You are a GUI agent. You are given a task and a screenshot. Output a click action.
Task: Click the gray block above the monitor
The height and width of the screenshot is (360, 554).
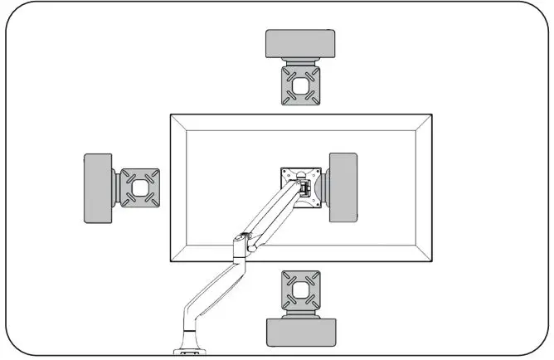300,44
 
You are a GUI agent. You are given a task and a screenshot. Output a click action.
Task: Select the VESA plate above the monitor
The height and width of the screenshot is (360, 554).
301,85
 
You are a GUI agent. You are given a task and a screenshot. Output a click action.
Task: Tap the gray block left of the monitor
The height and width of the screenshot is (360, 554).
98,188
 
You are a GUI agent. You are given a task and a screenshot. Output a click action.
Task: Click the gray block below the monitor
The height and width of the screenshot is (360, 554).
301,333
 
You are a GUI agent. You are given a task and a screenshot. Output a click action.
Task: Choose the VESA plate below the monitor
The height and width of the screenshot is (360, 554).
300,291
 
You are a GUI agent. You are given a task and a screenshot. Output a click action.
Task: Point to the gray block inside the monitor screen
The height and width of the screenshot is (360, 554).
343,187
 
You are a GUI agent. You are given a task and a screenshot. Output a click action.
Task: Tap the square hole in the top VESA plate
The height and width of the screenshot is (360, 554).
301,85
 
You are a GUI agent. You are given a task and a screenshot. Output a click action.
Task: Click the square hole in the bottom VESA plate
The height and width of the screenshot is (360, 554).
300,291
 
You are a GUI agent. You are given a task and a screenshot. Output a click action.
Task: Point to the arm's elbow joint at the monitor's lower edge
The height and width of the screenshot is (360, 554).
242,243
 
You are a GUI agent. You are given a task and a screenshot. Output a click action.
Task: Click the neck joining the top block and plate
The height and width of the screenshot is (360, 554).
300,62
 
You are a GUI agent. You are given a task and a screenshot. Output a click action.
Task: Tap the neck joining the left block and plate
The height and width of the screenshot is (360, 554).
115,188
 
